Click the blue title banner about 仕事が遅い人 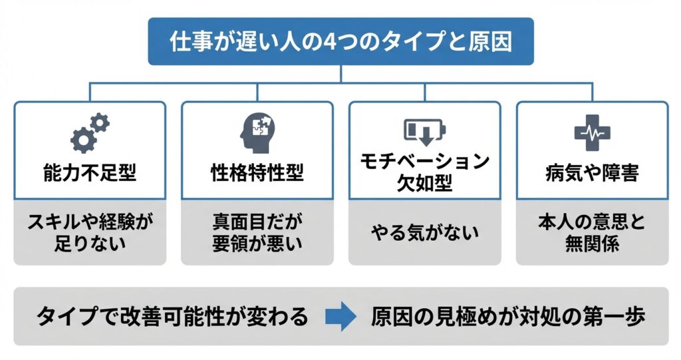pyautogui.click(x=340, y=41)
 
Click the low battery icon pyautogui.click(x=424, y=132)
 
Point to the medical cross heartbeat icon pyautogui.click(x=592, y=132)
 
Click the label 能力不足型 pyautogui.click(x=90, y=174)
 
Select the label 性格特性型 pyautogui.click(x=257, y=174)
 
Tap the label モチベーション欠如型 pyautogui.click(x=424, y=172)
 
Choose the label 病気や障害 pyautogui.click(x=592, y=174)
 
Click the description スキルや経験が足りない pyautogui.click(x=90, y=232)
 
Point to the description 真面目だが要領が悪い pyautogui.click(x=257, y=232)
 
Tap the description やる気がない pyautogui.click(x=424, y=233)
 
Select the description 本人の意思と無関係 pyautogui.click(x=592, y=232)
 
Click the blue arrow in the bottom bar pyautogui.click(x=340, y=317)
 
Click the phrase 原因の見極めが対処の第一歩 pyautogui.click(x=508, y=317)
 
